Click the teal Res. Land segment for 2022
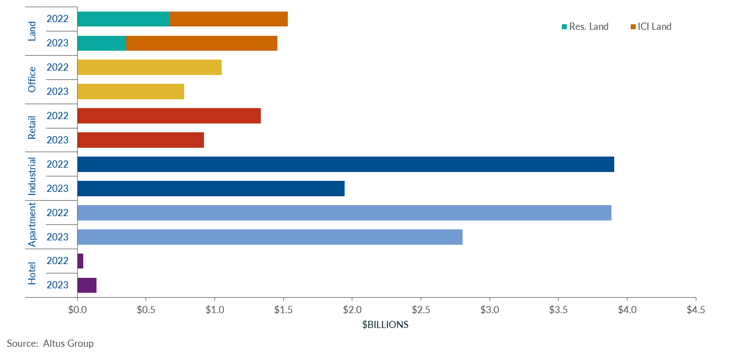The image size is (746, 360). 124,19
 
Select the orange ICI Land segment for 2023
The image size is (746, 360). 202,43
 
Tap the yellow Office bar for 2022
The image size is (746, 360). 149,67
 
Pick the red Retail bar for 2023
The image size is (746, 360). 141,140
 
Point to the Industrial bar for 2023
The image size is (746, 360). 211,189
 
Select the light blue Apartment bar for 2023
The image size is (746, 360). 270,237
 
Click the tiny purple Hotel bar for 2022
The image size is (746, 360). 80,261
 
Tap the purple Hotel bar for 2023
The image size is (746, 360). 87,285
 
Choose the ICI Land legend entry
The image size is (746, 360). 654,26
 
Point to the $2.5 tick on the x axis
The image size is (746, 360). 421,310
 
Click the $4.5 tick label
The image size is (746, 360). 695,310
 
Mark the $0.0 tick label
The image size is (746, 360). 78,310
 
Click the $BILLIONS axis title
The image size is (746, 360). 385,325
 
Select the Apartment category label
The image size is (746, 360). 32,224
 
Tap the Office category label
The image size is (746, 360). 32,79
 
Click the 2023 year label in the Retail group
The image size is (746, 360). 57,140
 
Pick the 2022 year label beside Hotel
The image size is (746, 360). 57,261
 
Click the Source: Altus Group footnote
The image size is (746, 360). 50,343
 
